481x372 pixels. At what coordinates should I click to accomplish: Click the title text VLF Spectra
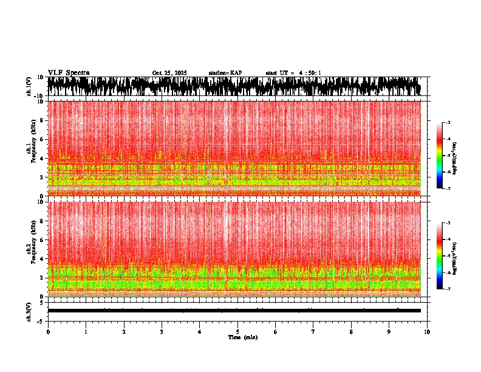coord(69,73)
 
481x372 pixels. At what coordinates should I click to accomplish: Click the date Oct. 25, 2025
coord(169,73)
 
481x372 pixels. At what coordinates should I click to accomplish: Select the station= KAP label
coord(225,73)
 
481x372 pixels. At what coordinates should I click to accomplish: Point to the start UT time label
coord(293,73)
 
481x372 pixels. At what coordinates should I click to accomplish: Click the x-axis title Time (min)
coord(242,337)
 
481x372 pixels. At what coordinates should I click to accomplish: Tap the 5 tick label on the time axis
coord(237,332)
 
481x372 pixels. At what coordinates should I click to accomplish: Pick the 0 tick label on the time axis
coord(48,332)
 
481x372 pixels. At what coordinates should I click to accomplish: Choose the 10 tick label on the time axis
coord(427,332)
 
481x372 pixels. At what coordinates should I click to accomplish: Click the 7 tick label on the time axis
coord(313,332)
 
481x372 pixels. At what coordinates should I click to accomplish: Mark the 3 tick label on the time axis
coord(162,332)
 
